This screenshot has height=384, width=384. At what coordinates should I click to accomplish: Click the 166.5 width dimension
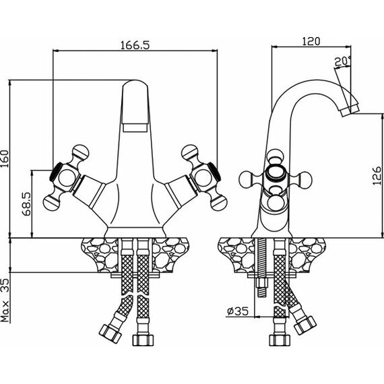135,45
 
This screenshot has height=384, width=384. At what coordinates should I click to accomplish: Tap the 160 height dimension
5,159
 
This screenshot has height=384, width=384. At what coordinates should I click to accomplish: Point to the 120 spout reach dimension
311,41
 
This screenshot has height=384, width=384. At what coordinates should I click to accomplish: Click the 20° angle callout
343,61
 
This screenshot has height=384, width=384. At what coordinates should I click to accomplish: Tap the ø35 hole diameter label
238,311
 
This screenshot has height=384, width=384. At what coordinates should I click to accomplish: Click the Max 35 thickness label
5,300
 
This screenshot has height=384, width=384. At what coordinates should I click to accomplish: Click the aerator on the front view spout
135,128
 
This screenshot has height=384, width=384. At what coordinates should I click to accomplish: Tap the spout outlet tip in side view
350,110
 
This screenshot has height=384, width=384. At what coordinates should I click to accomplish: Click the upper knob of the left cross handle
80,152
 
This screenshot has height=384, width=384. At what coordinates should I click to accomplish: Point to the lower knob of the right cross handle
220,203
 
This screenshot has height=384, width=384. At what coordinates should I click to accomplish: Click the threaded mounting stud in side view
261,267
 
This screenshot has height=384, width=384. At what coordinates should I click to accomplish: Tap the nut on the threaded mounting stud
261,284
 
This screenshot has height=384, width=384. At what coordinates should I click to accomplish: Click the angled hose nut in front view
110,334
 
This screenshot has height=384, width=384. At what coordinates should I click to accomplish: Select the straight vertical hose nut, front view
143,340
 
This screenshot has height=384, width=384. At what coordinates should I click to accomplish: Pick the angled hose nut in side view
305,325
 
